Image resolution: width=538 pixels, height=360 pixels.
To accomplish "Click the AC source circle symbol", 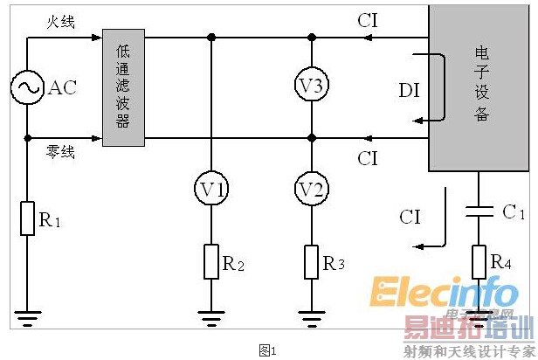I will click(27, 87).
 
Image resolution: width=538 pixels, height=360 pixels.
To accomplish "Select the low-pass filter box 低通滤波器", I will click(123, 87).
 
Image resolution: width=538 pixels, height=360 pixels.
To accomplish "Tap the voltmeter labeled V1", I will click(211, 188).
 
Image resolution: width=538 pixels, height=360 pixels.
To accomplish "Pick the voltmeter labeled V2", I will click(312, 188).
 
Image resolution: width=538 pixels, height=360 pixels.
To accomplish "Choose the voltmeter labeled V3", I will click(312, 87).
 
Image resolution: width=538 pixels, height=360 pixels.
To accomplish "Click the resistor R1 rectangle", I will click(27, 218).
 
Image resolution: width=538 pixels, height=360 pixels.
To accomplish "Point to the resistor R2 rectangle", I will click(211, 261).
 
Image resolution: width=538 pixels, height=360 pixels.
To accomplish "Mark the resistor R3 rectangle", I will click(312, 261).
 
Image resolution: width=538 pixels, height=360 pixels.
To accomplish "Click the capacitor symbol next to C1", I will click(479, 211).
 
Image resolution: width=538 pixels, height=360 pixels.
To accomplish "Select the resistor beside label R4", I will click(479, 260).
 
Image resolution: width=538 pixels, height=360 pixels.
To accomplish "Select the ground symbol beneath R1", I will click(27, 316).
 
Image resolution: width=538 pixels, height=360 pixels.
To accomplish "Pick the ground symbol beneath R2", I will click(211, 316).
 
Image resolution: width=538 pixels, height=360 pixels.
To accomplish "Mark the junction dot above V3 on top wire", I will click(312, 38).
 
